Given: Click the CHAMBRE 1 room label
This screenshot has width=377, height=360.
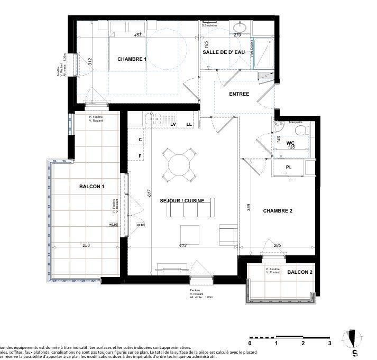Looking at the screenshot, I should pyautogui.click(x=132, y=59).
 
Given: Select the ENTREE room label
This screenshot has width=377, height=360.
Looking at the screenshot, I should pyautogui.click(x=239, y=94).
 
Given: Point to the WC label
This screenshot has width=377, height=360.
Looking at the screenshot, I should pyautogui.click(x=290, y=143).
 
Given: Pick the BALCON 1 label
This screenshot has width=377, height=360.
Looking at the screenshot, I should pyautogui.click(x=91, y=186).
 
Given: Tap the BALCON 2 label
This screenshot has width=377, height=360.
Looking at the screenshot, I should pyautogui.click(x=300, y=272).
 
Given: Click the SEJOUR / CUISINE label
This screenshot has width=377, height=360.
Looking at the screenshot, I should pyautogui.click(x=188, y=200).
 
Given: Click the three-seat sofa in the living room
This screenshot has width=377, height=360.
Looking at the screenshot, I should pyautogui.click(x=190, y=210).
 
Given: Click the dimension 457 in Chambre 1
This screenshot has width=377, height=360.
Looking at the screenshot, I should pyautogui.click(x=138, y=35).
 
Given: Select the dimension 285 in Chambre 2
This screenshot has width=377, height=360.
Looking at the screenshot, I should pyautogui.click(x=277, y=245).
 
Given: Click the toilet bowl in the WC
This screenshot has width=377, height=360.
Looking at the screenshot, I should pyautogui.click(x=300, y=131).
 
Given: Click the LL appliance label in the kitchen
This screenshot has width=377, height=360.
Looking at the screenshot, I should pyautogui.click(x=189, y=124).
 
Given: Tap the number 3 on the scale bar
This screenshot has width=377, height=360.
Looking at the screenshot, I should pyautogui.click(x=329, y=343).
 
